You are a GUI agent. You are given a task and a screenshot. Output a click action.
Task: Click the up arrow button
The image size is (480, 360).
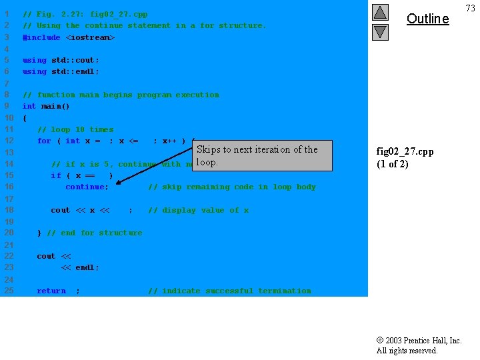click(x=380, y=12)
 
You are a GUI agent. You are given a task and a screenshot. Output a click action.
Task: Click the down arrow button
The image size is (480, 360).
click(x=380, y=31)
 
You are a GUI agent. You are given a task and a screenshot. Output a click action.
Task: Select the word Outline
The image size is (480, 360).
click(x=427, y=19)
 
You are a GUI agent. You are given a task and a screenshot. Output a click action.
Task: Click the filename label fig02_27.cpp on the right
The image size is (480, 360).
click(x=405, y=151)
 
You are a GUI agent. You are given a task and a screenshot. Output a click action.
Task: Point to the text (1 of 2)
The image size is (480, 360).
click(x=392, y=164)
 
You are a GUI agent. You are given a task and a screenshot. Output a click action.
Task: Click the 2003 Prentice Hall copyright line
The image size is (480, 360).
click(x=419, y=341)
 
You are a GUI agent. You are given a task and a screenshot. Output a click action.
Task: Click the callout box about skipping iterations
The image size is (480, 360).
click(x=257, y=155)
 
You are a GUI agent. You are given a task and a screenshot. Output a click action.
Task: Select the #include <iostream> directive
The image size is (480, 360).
click(x=69, y=37)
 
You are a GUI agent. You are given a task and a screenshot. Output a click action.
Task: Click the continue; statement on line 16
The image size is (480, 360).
click(x=87, y=187)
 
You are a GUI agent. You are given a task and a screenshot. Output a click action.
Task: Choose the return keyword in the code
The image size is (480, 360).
click(x=51, y=291)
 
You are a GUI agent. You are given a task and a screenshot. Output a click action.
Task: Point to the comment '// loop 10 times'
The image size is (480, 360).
click(x=75, y=129)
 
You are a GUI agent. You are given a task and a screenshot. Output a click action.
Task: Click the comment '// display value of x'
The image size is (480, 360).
click(x=198, y=210)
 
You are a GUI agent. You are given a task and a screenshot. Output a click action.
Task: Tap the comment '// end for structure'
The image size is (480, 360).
click(x=94, y=233)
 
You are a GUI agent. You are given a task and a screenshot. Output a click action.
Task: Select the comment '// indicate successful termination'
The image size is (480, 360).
click(x=229, y=291)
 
